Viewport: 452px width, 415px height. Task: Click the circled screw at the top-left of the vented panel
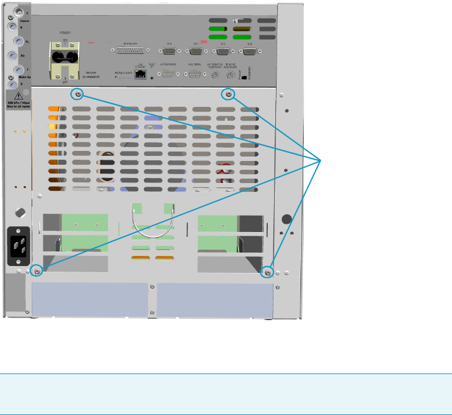(78, 94)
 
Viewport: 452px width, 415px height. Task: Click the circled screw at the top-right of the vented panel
(229, 94)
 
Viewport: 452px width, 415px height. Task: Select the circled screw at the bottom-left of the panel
(37, 271)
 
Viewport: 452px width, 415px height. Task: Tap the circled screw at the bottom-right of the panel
(267, 272)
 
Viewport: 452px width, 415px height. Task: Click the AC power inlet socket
(18, 241)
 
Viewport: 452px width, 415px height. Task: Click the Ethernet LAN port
(143, 74)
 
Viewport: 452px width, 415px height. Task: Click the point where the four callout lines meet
(322, 160)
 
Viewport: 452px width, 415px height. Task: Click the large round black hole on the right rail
(287, 219)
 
